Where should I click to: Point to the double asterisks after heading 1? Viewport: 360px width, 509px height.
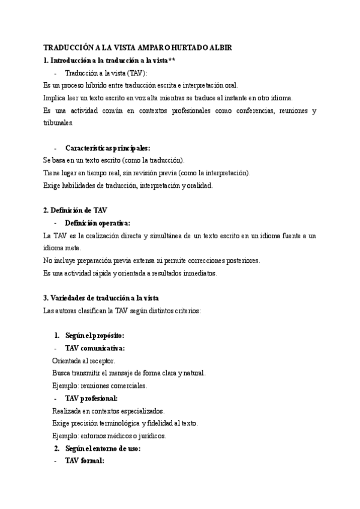171,60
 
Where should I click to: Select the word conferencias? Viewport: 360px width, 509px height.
240,110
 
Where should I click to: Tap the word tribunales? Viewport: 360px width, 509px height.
59,122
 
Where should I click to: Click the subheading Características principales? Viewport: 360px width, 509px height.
107,148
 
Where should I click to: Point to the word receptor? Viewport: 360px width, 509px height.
102,361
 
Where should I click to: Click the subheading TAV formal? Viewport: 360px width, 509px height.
85,460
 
